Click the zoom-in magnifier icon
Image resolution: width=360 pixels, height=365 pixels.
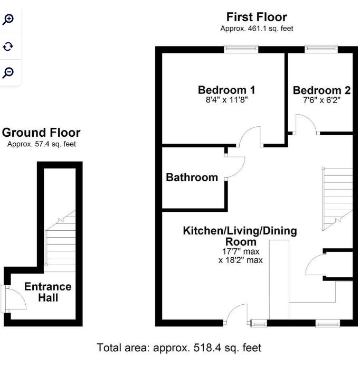coord(8,20)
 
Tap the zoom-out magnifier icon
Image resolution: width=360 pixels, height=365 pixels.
coord(8,72)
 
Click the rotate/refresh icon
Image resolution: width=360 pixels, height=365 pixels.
coord(8,46)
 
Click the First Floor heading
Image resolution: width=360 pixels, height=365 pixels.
coord(257,17)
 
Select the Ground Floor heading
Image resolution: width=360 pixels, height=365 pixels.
coord(42,132)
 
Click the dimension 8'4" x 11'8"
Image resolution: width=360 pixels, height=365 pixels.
coord(226,100)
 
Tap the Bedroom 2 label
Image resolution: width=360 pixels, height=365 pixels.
coord(321,90)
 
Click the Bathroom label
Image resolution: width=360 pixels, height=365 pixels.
coord(192,177)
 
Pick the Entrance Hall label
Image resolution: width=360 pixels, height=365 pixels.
coord(48,292)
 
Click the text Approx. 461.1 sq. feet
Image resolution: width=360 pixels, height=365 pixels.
coord(257,29)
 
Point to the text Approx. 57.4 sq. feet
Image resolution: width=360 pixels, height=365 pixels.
coord(42,144)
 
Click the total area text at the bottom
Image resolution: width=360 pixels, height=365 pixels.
coord(179,348)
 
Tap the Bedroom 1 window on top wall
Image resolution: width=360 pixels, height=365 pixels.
coord(241,50)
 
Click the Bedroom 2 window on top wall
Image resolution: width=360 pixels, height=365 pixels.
coord(321,50)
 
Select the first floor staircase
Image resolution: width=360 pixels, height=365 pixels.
coord(336,198)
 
